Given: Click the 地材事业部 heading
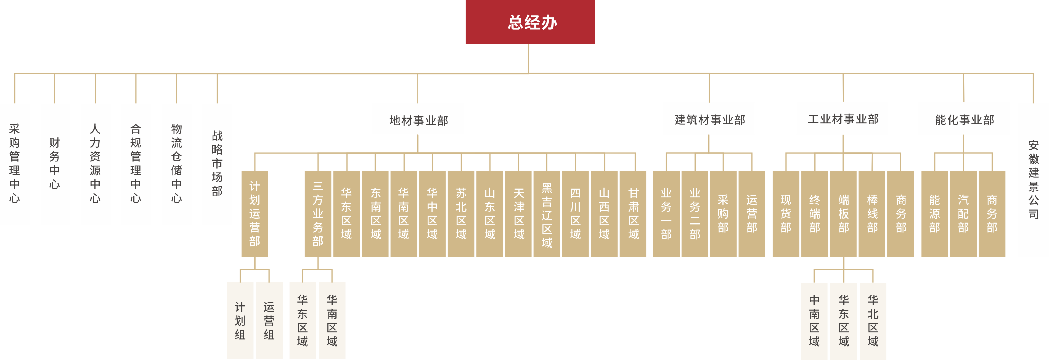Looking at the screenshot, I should tap(418, 120).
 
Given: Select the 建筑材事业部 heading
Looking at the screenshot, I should tap(709, 119).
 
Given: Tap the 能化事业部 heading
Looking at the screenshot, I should tap(964, 119).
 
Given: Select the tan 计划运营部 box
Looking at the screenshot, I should tap(255, 214).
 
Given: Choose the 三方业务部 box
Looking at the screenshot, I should tap(318, 214).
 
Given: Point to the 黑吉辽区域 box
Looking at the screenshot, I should tap(547, 214).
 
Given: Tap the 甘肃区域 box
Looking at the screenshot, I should tap(633, 214).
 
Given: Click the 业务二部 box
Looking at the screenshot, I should tap(695, 214).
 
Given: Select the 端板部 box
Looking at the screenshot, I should tap(843, 214).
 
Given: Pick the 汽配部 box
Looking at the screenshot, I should tap(963, 214).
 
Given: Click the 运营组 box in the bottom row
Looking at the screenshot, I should tap(269, 321).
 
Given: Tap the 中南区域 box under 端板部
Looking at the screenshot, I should tap(814, 321).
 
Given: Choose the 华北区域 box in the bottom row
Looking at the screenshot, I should tap(873, 321).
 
